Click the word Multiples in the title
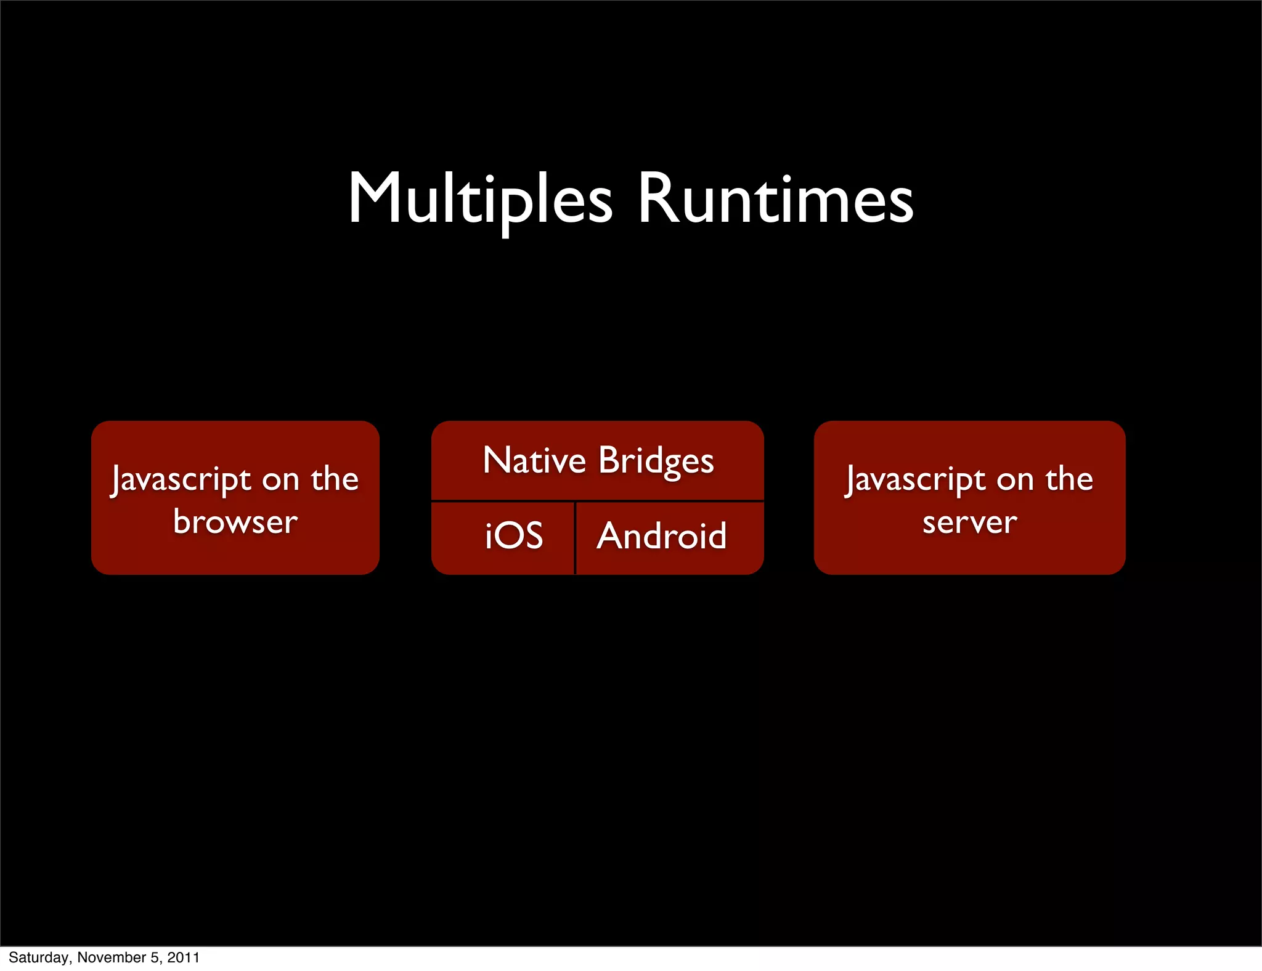[x=481, y=198]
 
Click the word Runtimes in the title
[x=775, y=198]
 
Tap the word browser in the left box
[x=235, y=522]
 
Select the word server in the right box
[x=969, y=522]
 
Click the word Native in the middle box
[x=534, y=460]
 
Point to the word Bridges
[x=656, y=461]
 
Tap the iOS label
[x=513, y=535]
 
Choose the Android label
[x=661, y=535]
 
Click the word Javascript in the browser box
[x=181, y=479]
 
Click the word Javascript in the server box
[x=916, y=479]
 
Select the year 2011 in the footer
[x=184, y=957]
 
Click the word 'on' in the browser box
[x=280, y=480]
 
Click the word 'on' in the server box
[x=1015, y=480]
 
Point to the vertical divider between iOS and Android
[x=575, y=538]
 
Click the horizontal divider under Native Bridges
[x=597, y=500]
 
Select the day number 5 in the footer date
[x=154, y=957]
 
